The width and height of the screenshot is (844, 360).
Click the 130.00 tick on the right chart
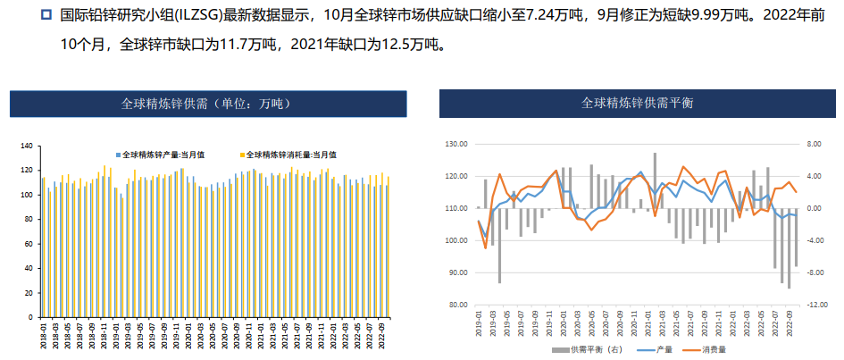(455, 144)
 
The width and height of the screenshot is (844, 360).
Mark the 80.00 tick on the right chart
(455, 305)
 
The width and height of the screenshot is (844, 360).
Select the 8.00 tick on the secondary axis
(815, 144)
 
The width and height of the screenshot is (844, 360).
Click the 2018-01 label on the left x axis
(42, 338)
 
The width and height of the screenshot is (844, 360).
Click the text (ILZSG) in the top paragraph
(205, 16)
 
